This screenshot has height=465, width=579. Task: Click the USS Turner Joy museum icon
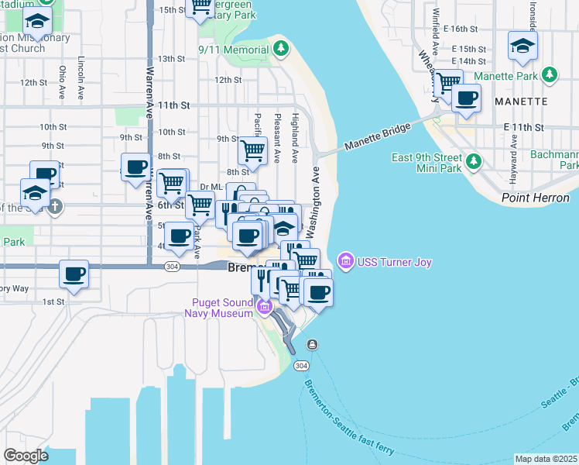(x=345, y=260)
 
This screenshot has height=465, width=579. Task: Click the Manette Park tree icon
(x=550, y=75)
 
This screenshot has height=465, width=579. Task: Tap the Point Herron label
(x=535, y=198)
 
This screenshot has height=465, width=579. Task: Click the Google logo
(x=26, y=455)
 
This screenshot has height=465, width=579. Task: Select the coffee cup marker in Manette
(x=466, y=98)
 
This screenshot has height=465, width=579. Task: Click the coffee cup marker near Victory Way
(x=74, y=274)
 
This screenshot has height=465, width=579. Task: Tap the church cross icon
(x=54, y=207)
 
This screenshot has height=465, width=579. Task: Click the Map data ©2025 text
(x=546, y=458)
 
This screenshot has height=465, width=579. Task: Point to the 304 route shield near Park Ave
(x=173, y=266)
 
